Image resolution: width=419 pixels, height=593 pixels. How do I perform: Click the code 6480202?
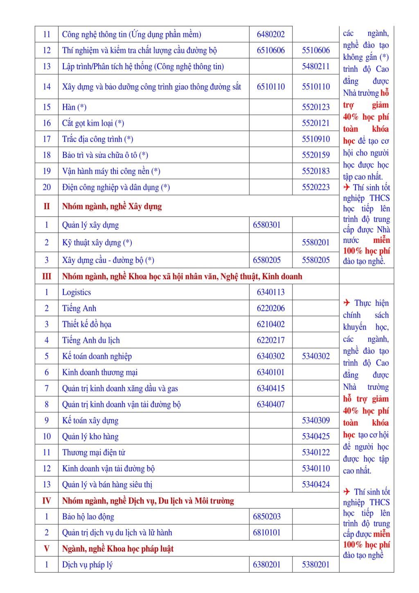coord(270,34)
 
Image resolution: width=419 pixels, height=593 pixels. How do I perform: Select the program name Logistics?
coord(77,292)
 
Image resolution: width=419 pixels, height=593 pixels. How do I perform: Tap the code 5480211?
coord(315,66)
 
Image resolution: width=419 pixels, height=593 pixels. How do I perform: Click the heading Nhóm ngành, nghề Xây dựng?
coord(112,206)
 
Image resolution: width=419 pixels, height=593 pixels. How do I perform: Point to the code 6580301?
coord(267,225)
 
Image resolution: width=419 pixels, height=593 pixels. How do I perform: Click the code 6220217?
coord(270,340)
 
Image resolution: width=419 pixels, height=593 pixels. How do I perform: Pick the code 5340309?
coord(315,420)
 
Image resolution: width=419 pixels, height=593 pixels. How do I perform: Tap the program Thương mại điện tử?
coord(94,453)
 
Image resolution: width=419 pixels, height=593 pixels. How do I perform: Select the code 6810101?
coord(267,533)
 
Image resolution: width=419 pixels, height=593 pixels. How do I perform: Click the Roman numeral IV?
coord(46,501)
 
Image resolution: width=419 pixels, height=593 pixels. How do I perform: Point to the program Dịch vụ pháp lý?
coord(87,565)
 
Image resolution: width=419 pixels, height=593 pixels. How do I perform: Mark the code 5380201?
coord(315,565)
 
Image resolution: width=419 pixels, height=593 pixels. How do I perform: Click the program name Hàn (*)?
coord(74,107)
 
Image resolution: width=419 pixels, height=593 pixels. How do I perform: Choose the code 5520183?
coord(315,171)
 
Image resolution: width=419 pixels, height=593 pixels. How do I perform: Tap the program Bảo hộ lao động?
coord(88,517)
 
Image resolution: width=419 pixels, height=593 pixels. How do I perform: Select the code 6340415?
coord(270,388)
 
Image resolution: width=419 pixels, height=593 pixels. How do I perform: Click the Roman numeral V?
coord(46,549)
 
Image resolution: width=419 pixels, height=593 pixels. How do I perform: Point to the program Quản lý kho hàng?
coord(90,437)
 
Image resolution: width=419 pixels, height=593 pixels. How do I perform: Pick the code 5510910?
coord(315,139)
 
